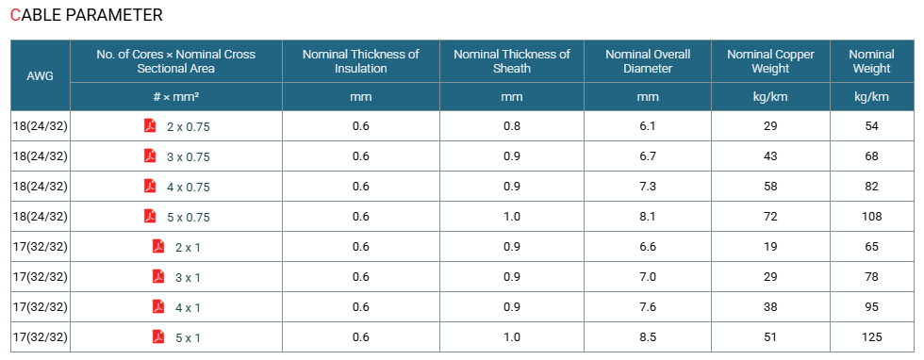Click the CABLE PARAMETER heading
(x=87, y=15)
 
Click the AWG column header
(x=40, y=76)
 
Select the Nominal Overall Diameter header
(x=648, y=61)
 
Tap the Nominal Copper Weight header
(x=770, y=61)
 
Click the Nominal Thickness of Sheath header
(x=511, y=61)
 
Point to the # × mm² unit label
(x=175, y=97)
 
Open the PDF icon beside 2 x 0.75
(x=150, y=125)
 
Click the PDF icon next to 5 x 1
(x=158, y=337)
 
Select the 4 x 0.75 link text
(x=189, y=188)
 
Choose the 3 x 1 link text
(x=188, y=277)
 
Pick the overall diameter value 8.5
(x=648, y=337)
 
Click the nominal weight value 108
(x=871, y=217)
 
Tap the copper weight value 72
(x=770, y=217)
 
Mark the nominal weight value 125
(x=871, y=337)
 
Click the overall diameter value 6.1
(x=648, y=126)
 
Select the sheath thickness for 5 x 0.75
(x=511, y=217)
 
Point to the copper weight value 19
(x=770, y=247)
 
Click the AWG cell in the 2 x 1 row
(x=40, y=247)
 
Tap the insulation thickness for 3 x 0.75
(x=360, y=156)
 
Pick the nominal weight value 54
(x=871, y=126)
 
